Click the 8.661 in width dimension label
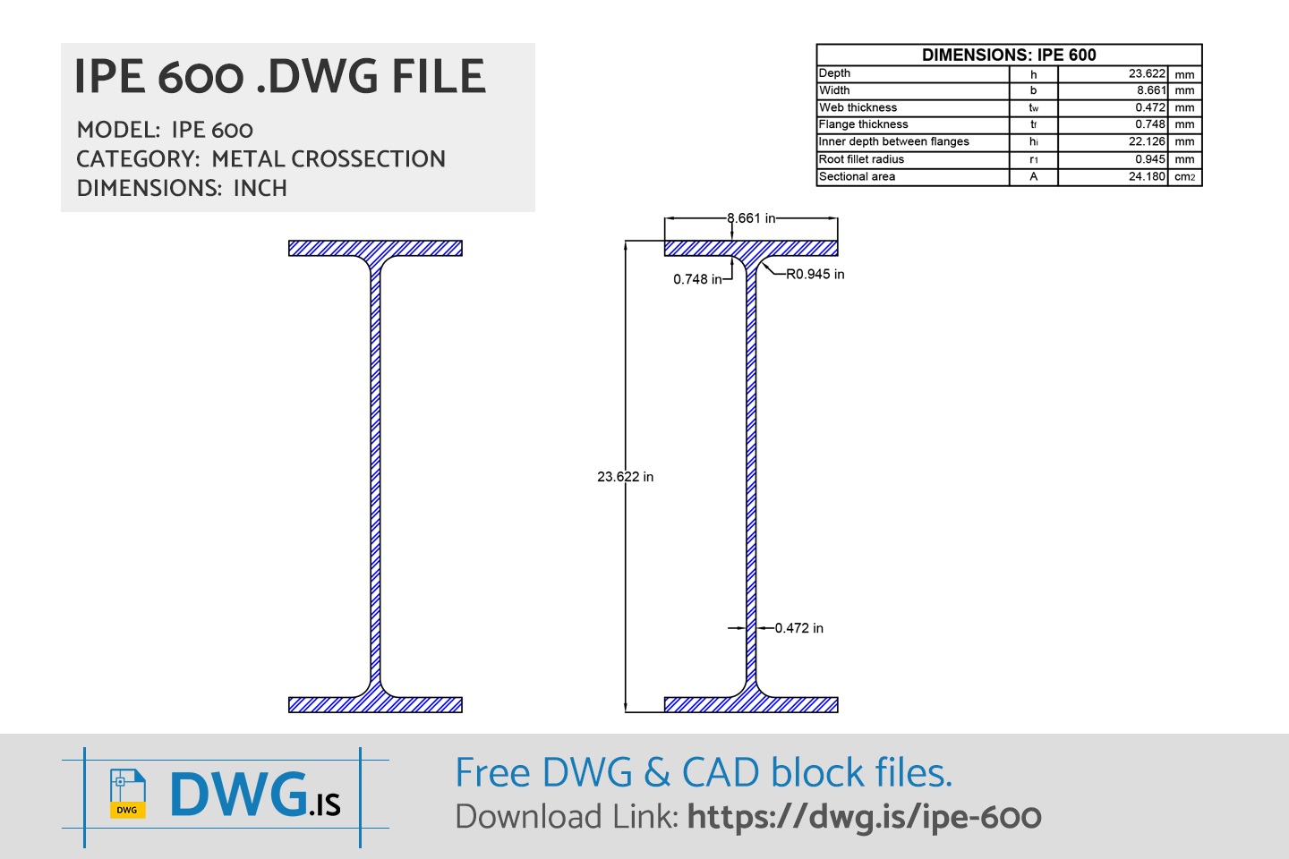(751, 218)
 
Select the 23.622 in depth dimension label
(625, 477)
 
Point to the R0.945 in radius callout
(815, 275)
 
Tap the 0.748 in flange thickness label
(697, 279)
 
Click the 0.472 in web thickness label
(798, 628)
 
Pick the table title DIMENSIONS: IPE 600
(1009, 55)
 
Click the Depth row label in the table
(834, 73)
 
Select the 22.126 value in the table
(1147, 141)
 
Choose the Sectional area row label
(857, 176)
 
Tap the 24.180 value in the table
(1147, 176)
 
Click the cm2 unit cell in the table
(1184, 177)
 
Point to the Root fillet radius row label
(861, 159)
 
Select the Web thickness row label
(858, 107)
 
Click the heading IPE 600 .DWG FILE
(279, 77)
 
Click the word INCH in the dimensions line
(260, 189)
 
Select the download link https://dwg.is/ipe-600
(864, 817)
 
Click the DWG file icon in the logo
(127, 794)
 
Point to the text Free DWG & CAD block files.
(704, 773)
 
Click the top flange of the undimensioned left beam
(375, 248)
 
